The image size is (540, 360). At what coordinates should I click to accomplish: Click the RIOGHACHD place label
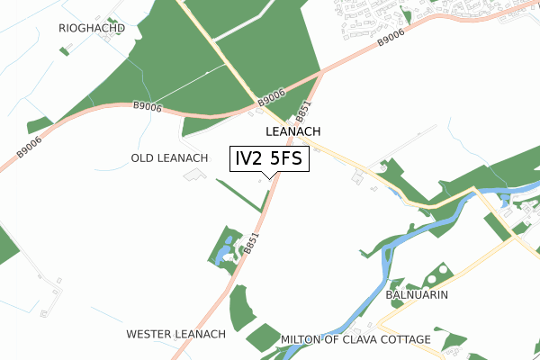(91, 28)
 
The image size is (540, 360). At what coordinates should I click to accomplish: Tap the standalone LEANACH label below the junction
(293, 131)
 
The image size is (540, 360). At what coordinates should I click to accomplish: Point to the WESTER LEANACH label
(175, 334)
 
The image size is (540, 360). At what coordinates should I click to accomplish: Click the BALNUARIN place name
(417, 294)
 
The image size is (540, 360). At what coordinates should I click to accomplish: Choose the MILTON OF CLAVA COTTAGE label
(355, 339)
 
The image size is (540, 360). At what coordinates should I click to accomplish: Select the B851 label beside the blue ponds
(251, 244)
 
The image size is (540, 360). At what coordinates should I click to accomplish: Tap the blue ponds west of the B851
(224, 252)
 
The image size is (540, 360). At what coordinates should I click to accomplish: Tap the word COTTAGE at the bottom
(403, 339)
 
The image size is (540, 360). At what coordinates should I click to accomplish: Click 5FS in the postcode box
(287, 159)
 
